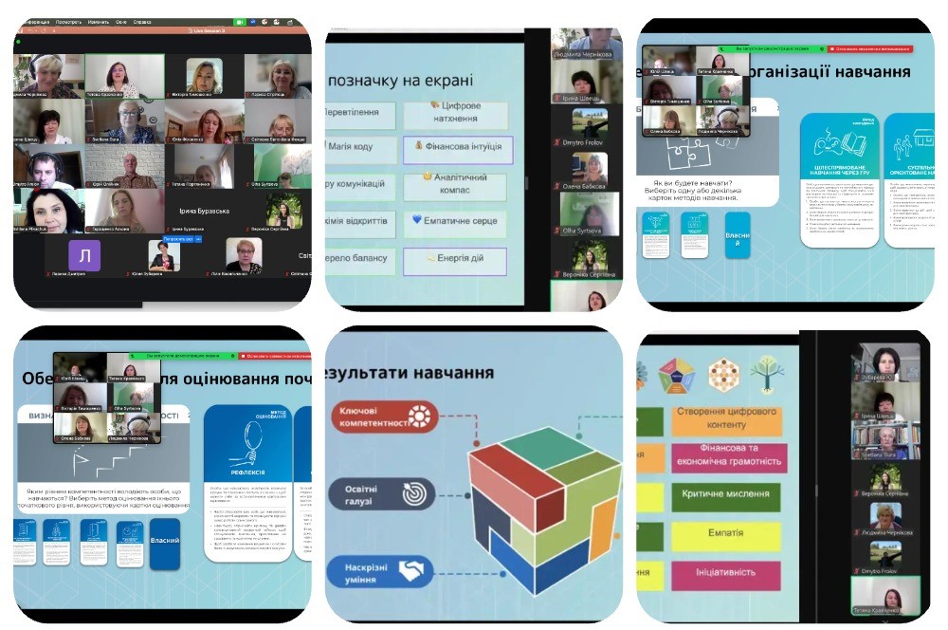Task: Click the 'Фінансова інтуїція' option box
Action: pyautogui.click(x=458, y=149)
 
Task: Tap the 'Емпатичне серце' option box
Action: pyautogui.click(x=455, y=224)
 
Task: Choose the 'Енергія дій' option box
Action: pyautogui.click(x=455, y=261)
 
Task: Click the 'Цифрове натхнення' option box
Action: pyautogui.click(x=455, y=114)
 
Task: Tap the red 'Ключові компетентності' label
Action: pyautogui.click(x=384, y=416)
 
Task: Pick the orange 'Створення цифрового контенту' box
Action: pyautogui.click(x=727, y=418)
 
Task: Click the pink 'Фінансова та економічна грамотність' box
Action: pyautogui.click(x=727, y=456)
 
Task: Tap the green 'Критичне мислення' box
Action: pyautogui.click(x=727, y=495)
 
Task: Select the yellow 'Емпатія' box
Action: pyautogui.click(x=727, y=534)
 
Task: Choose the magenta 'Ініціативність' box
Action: pyautogui.click(x=727, y=573)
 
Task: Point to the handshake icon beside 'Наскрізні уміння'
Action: pyautogui.click(x=411, y=571)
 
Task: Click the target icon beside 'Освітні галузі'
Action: pyautogui.click(x=413, y=493)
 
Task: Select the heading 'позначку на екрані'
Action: pyautogui.click(x=401, y=82)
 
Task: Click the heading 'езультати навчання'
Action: pyautogui.click(x=410, y=373)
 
